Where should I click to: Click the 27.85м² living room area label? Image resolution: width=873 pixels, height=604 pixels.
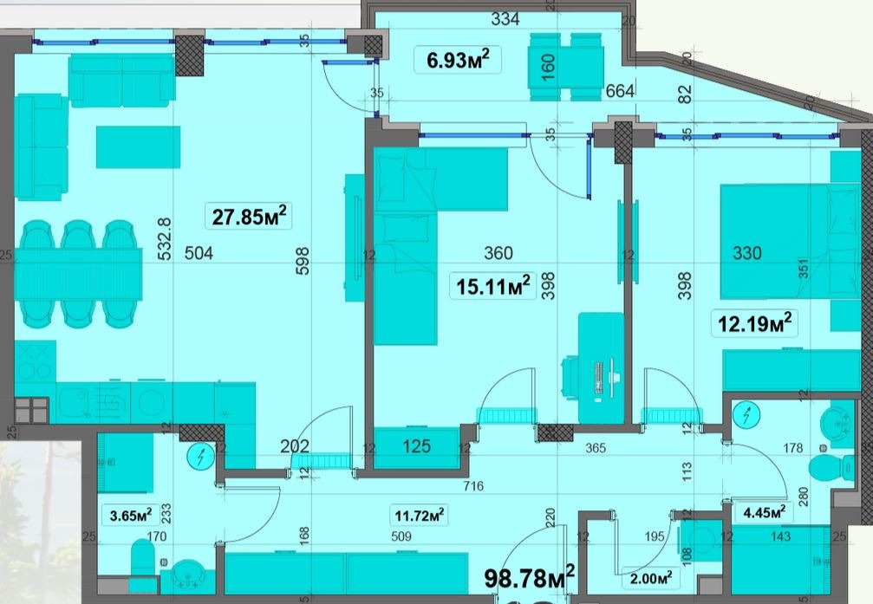coord(250,216)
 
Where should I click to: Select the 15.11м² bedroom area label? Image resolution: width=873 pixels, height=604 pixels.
coord(492,286)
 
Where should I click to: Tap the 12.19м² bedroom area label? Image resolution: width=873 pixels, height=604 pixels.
coord(754,323)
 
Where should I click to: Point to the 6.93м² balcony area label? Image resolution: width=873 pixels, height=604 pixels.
coord(458,60)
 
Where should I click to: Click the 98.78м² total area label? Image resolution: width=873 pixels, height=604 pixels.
coord(530,577)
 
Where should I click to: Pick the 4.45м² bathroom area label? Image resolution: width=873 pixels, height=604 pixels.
coord(765,511)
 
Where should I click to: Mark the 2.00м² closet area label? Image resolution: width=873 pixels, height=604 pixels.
coord(651,578)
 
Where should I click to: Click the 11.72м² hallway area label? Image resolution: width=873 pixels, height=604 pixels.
coord(419,516)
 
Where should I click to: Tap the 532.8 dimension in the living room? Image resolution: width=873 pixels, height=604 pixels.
coord(166,239)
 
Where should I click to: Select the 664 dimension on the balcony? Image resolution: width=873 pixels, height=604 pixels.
coord(620,90)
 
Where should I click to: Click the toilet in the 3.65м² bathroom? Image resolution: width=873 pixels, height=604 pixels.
coord(142,557)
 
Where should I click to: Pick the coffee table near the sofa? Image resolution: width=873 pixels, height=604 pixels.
coord(138,147)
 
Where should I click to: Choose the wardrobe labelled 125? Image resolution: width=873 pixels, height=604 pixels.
coord(416,447)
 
